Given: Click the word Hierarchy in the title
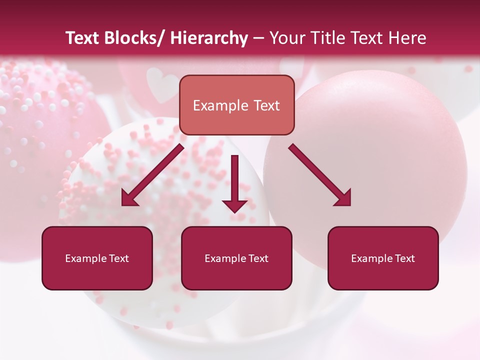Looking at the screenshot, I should point(208,38).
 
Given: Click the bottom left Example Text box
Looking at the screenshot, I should point(97,258).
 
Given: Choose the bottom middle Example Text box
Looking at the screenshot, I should point(236,258).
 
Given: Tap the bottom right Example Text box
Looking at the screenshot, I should point(383,258).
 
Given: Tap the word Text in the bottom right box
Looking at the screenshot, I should point(404,258).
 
